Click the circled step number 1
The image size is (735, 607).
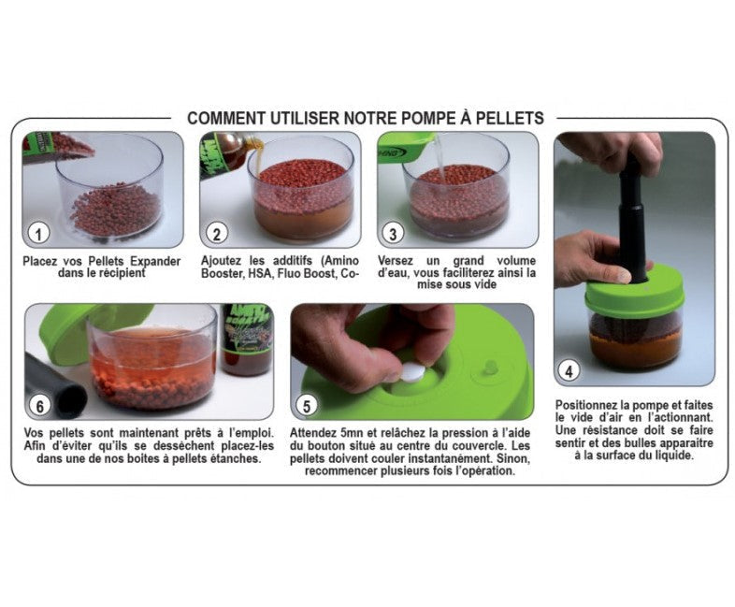coord(38,233)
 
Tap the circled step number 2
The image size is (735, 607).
coord(216,233)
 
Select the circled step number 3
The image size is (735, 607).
coord(393,233)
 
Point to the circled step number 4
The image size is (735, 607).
coord(569,371)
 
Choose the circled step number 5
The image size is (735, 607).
coord(306,406)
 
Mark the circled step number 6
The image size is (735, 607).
coord(40,406)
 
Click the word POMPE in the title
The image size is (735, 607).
coord(428,118)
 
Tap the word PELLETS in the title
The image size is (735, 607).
coord(510,118)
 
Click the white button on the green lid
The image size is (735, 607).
coord(413,372)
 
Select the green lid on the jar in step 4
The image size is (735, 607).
coord(634,293)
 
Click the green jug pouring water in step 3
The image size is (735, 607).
coord(407,147)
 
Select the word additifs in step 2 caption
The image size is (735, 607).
coord(292,261)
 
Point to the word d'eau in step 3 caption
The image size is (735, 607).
coord(394,273)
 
